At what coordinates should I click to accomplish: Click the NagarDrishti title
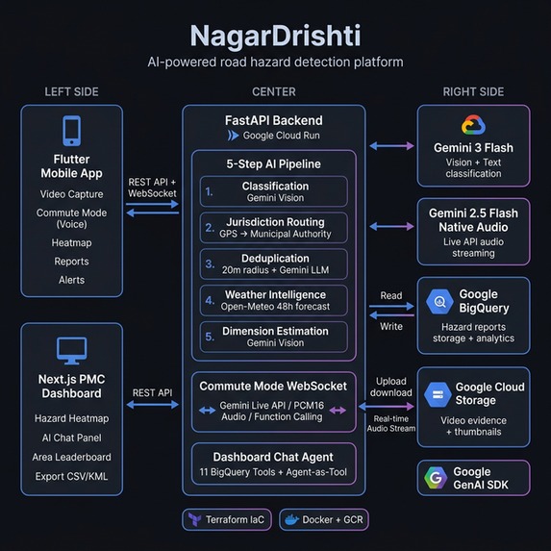pos(275,36)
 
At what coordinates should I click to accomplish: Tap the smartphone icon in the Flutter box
pos(71,131)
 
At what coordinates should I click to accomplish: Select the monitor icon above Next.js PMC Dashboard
pos(71,348)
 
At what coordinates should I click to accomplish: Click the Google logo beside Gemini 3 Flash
pos(472,125)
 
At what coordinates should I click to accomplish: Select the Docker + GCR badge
pos(323,519)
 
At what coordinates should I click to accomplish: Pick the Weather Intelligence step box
pos(274,300)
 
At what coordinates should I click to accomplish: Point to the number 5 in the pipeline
pos(210,337)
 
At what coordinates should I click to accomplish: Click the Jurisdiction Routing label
pos(276,222)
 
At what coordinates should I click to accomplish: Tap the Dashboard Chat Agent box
pos(274,464)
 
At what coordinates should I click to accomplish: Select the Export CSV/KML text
pos(72,476)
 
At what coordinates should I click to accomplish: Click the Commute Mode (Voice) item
pos(72,219)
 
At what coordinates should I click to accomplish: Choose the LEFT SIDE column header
pos(71,91)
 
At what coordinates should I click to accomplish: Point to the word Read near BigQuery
pos(391,296)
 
